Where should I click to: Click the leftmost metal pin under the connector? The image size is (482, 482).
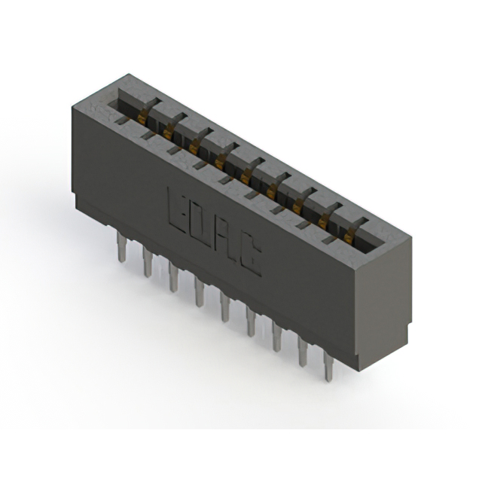tap(121, 247)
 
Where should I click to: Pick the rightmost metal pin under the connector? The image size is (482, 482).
tap(329, 366)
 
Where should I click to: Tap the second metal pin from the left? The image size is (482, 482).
tap(148, 262)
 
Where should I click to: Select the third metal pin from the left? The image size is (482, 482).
tap(173, 277)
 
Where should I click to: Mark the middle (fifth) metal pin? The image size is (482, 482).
tap(225, 307)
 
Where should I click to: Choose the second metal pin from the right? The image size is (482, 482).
tap(303, 351)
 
